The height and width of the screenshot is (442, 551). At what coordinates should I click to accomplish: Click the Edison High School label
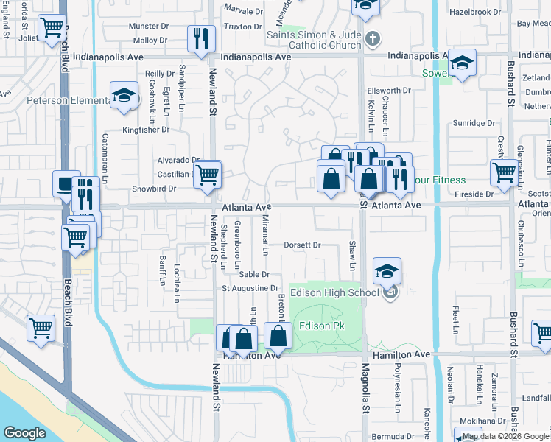[335, 292]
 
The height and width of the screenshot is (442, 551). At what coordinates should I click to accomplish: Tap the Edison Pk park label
[320, 326]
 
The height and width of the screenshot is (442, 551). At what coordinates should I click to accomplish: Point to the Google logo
[24, 433]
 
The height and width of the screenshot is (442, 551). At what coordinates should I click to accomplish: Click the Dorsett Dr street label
[303, 245]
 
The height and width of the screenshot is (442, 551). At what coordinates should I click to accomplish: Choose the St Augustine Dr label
[252, 288]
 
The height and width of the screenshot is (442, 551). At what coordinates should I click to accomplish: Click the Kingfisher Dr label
[146, 130]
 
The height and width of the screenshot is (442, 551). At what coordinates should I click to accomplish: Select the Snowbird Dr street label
[154, 189]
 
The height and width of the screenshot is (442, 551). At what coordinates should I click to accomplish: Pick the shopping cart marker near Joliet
[52, 29]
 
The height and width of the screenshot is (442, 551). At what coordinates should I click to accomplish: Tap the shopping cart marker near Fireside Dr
[505, 172]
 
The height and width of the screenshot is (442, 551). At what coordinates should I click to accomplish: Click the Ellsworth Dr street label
[388, 91]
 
